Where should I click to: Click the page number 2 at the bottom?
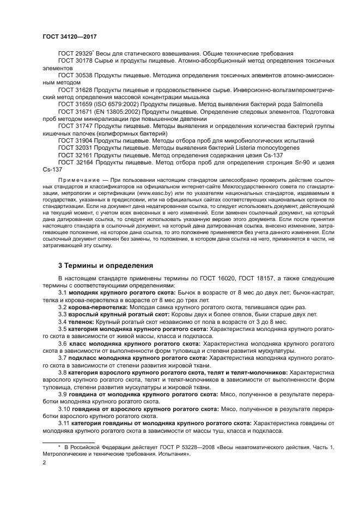coord(44,463)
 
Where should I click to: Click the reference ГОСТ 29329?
coord(76,53)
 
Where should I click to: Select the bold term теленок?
coord(82,322)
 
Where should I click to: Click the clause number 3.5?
coord(63,329)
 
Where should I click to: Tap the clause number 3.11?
coord(64,422)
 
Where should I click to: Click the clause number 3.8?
coord(63,372)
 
